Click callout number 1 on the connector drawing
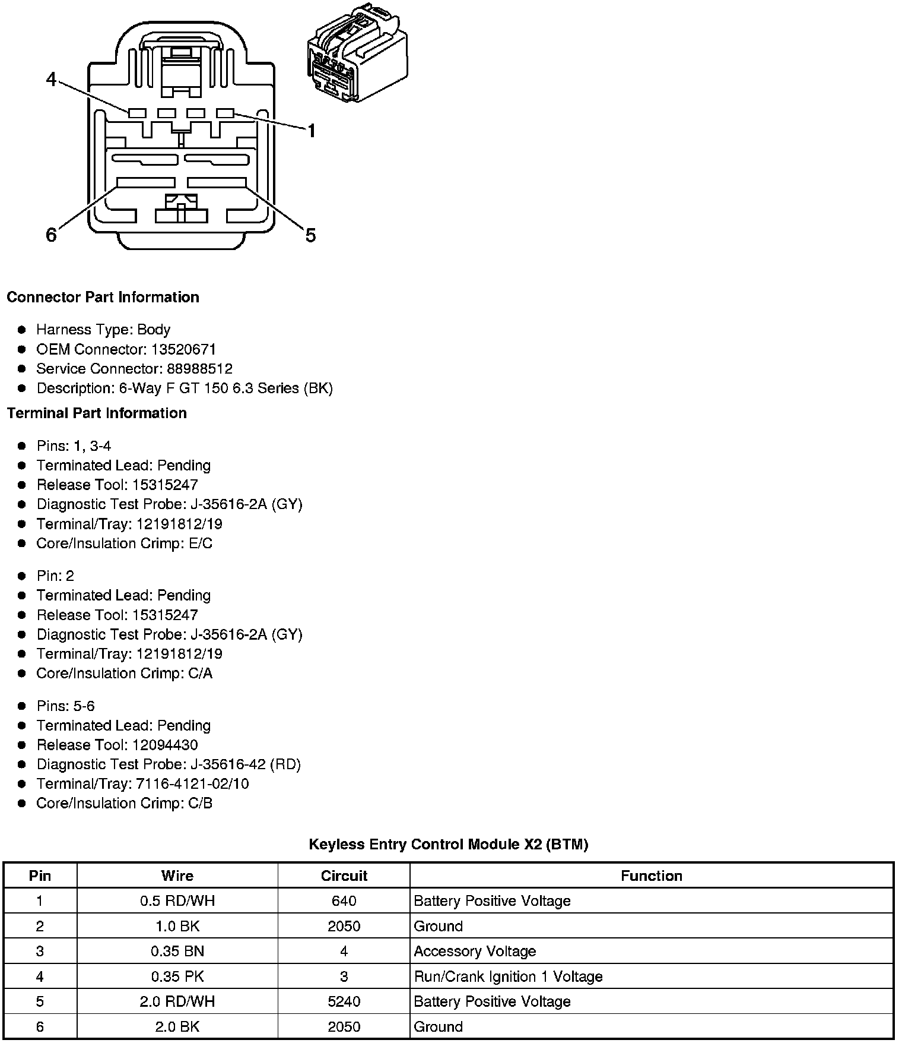coord(311,131)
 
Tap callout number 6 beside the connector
coord(52,235)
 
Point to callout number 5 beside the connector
coord(310,236)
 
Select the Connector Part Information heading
coord(103,297)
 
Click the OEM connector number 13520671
coord(183,349)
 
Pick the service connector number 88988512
coord(199,369)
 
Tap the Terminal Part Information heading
coord(97,413)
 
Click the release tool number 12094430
coord(165,745)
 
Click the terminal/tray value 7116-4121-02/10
coord(192,784)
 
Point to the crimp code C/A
coord(200,673)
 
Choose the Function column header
coord(651,876)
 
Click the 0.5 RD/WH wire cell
coord(177,901)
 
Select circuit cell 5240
coord(344,1001)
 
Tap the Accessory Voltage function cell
coord(475,952)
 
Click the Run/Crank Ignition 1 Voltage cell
coord(508,976)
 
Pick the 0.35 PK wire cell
coord(177,976)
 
